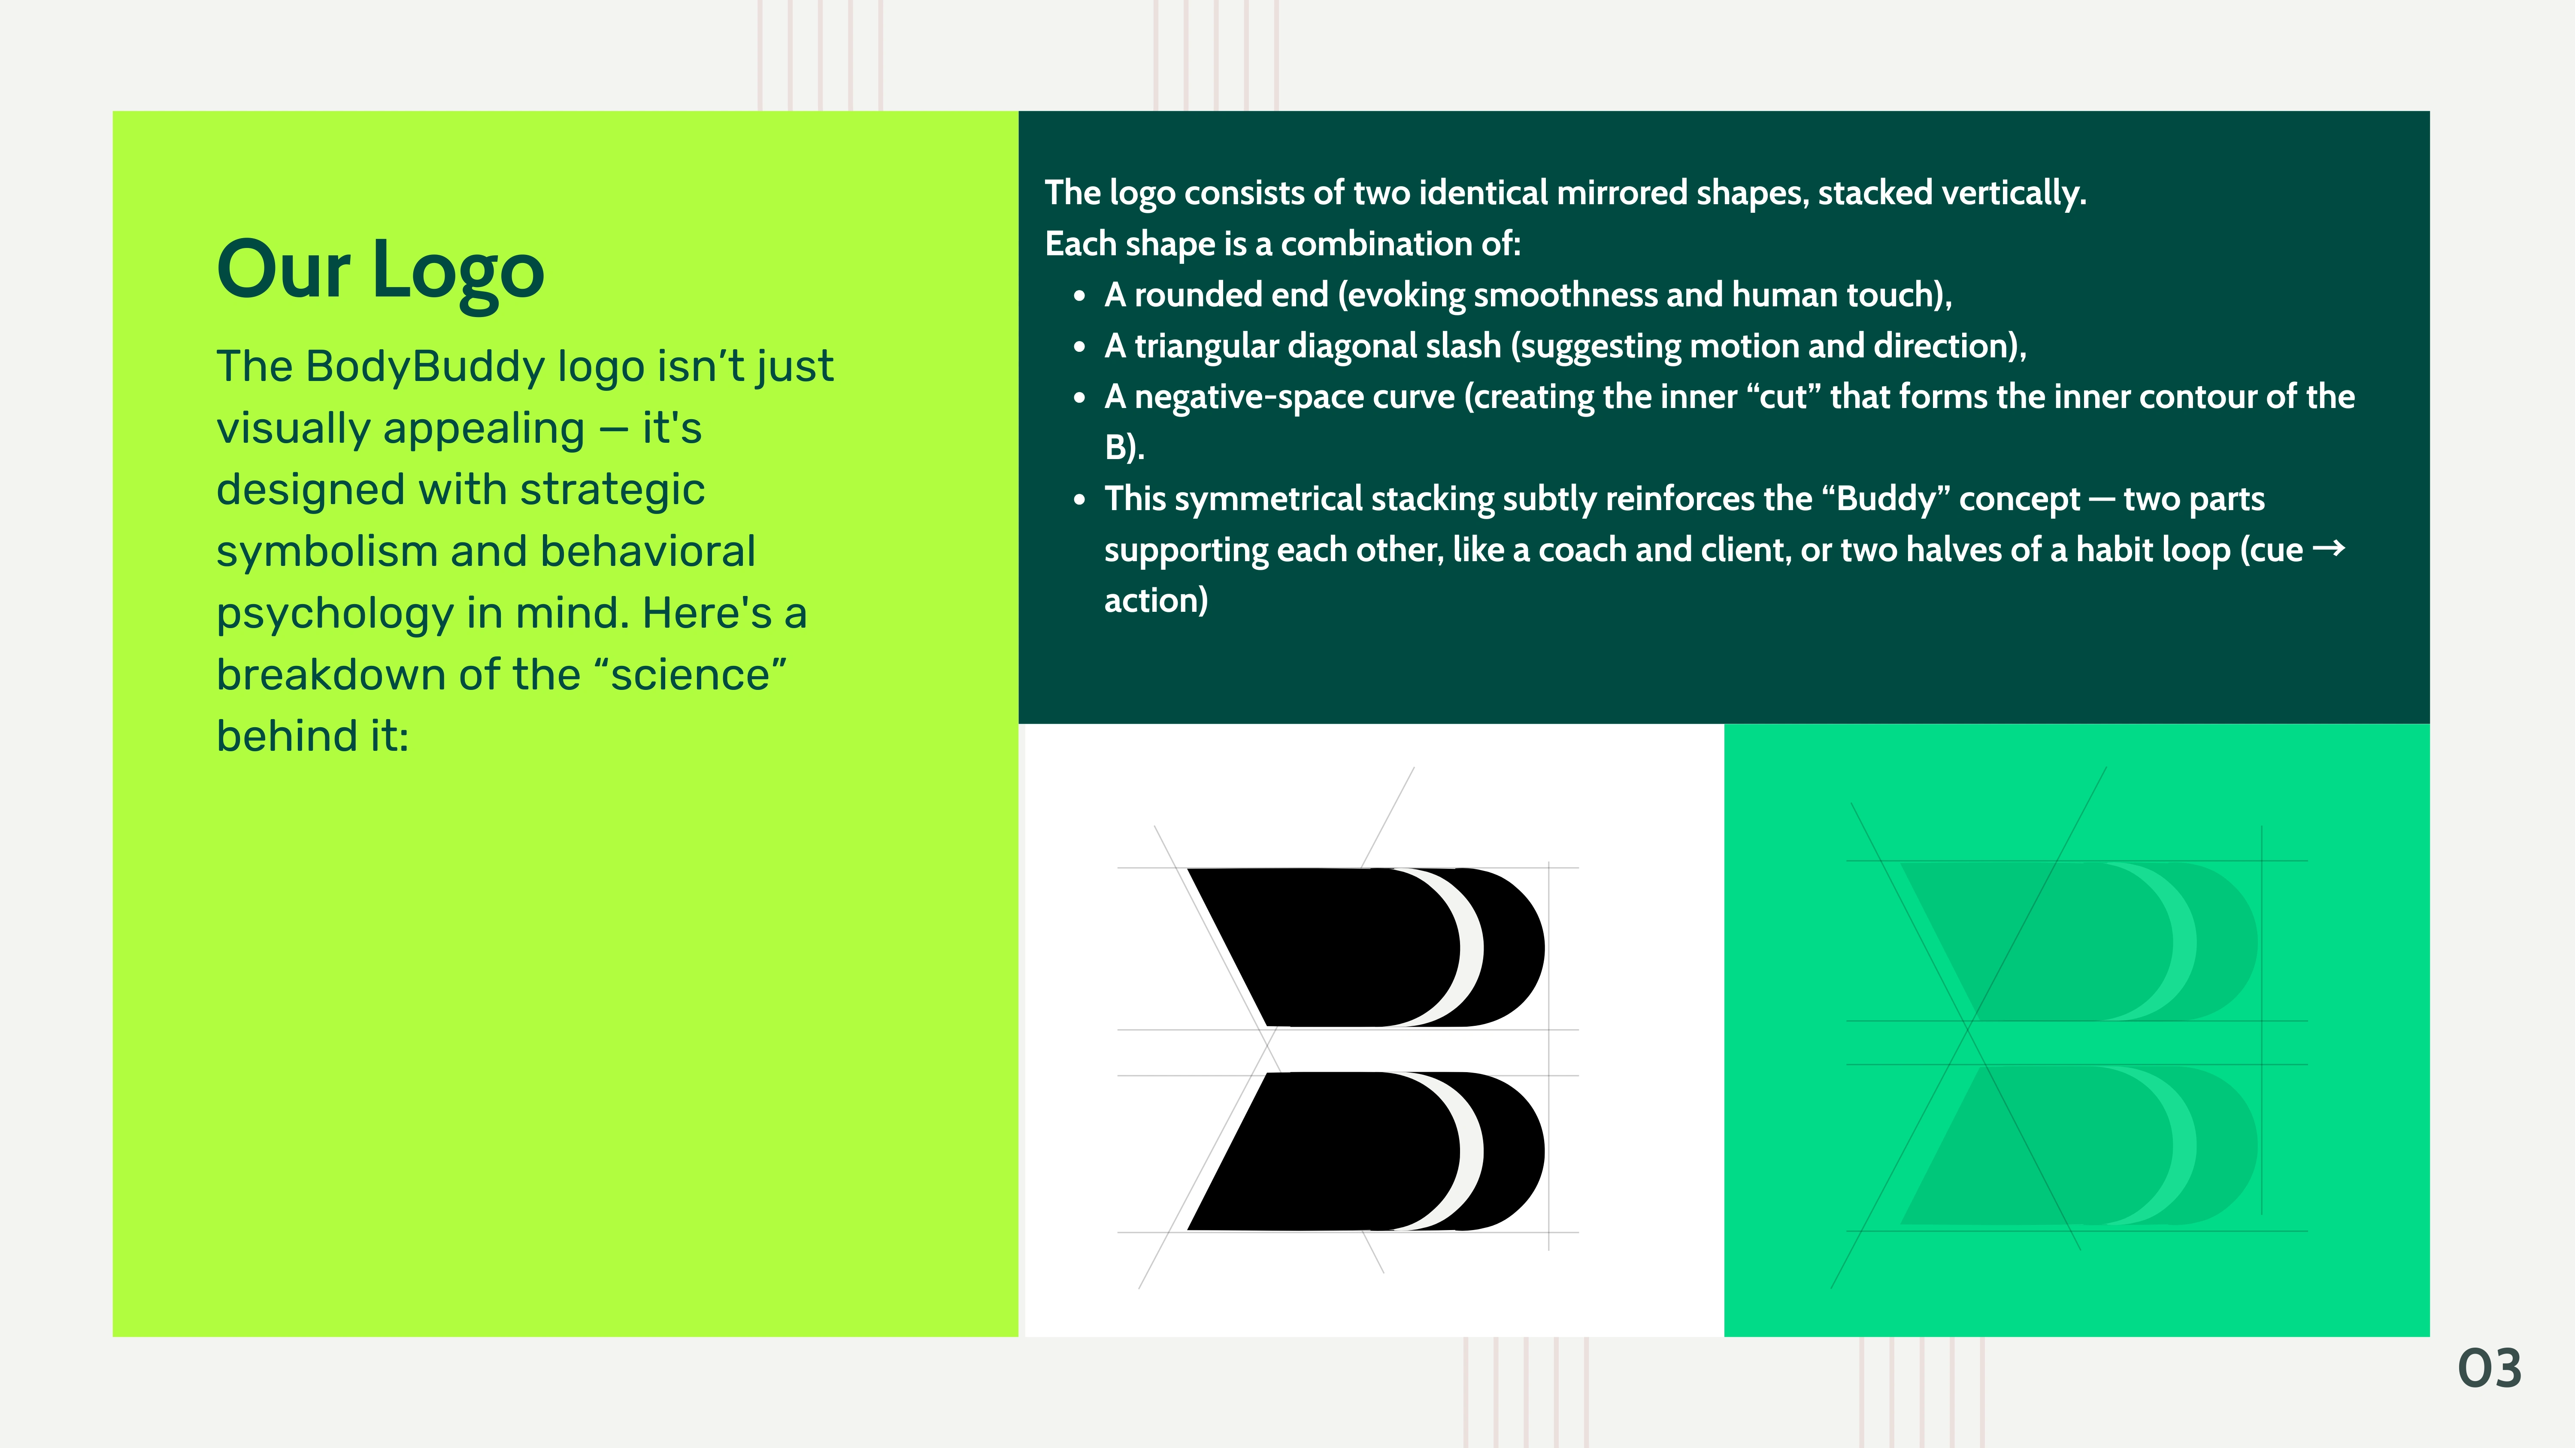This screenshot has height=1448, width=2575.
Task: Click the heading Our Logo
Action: click(x=381, y=271)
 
